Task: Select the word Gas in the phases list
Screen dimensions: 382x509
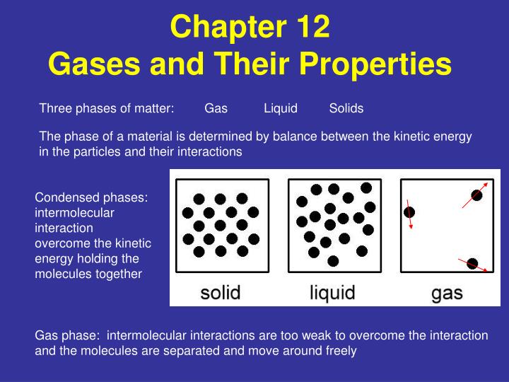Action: [x=216, y=108]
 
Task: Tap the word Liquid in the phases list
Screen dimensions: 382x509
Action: [x=281, y=108]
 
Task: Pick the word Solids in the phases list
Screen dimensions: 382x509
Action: [x=346, y=108]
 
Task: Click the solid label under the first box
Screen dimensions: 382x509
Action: [x=220, y=291]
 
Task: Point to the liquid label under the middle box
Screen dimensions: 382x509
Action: [x=332, y=291]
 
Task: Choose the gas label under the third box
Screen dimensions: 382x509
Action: [x=447, y=291]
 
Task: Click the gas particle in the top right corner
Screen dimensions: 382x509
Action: [x=477, y=195]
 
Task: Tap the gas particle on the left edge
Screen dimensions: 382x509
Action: [x=409, y=212]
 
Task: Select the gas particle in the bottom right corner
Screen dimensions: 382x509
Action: [x=472, y=264]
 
